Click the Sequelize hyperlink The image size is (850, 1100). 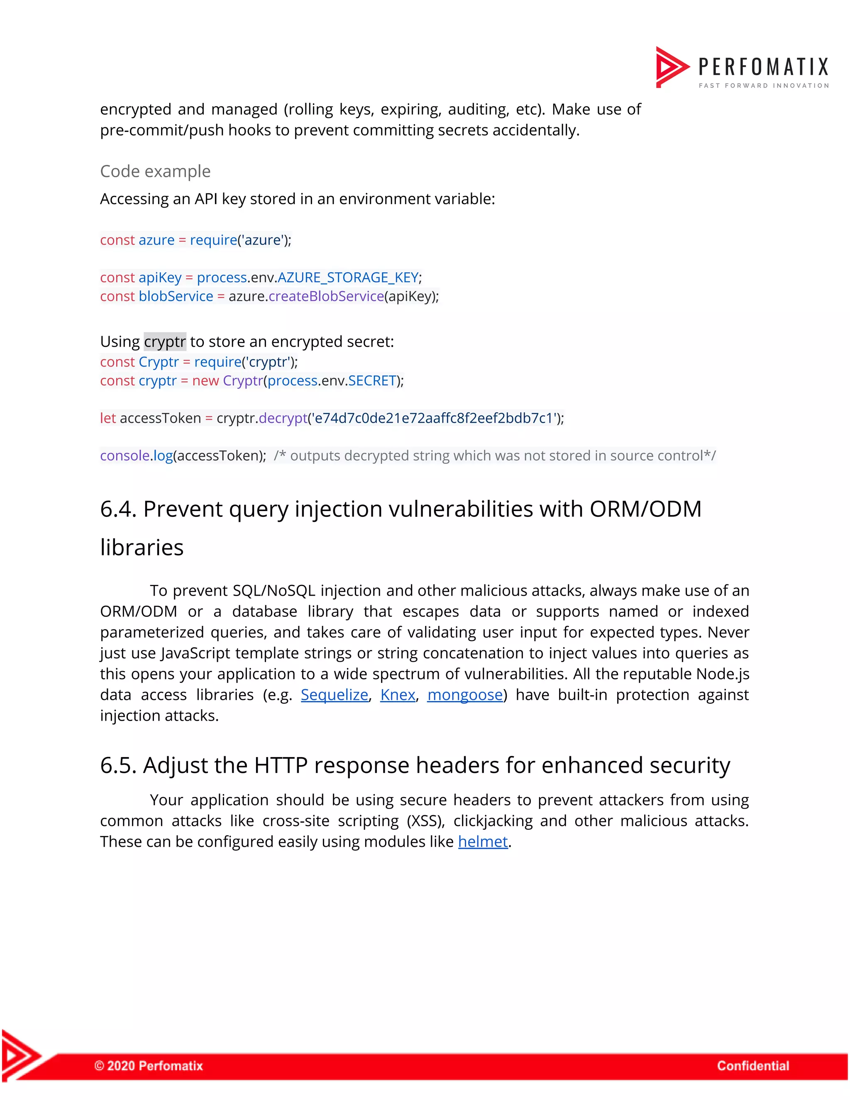tap(335, 694)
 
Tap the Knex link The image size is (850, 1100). tap(397, 694)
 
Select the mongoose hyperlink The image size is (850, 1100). tap(465, 694)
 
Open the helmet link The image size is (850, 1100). tap(482, 842)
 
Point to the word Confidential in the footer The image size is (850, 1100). tap(753, 1065)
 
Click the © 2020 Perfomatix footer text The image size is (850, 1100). tap(149, 1065)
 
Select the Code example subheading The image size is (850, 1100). tap(155, 171)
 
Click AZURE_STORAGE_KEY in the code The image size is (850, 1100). tap(348, 278)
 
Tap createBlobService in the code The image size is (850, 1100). tap(326, 296)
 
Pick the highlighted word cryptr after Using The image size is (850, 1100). tap(165, 342)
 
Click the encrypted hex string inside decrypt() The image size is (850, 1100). tap(434, 418)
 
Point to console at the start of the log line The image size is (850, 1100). tap(125, 456)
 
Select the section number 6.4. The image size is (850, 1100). tap(118, 509)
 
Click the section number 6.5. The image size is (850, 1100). tap(118, 765)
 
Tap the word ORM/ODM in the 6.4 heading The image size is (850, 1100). tap(645, 509)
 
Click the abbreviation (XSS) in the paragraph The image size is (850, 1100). tap(425, 821)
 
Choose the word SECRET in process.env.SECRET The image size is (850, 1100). tap(372, 381)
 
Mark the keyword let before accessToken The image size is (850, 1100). tap(108, 418)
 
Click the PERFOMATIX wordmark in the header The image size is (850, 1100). tap(763, 67)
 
